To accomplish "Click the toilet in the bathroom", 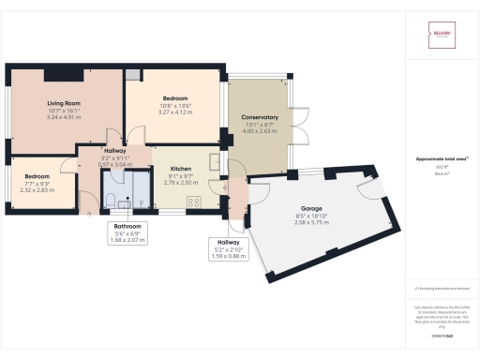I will tap(112, 198).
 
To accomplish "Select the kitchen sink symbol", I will tap(215, 160).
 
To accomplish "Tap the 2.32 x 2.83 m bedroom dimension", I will tap(37, 189).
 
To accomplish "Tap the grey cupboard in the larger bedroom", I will tap(134, 74).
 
